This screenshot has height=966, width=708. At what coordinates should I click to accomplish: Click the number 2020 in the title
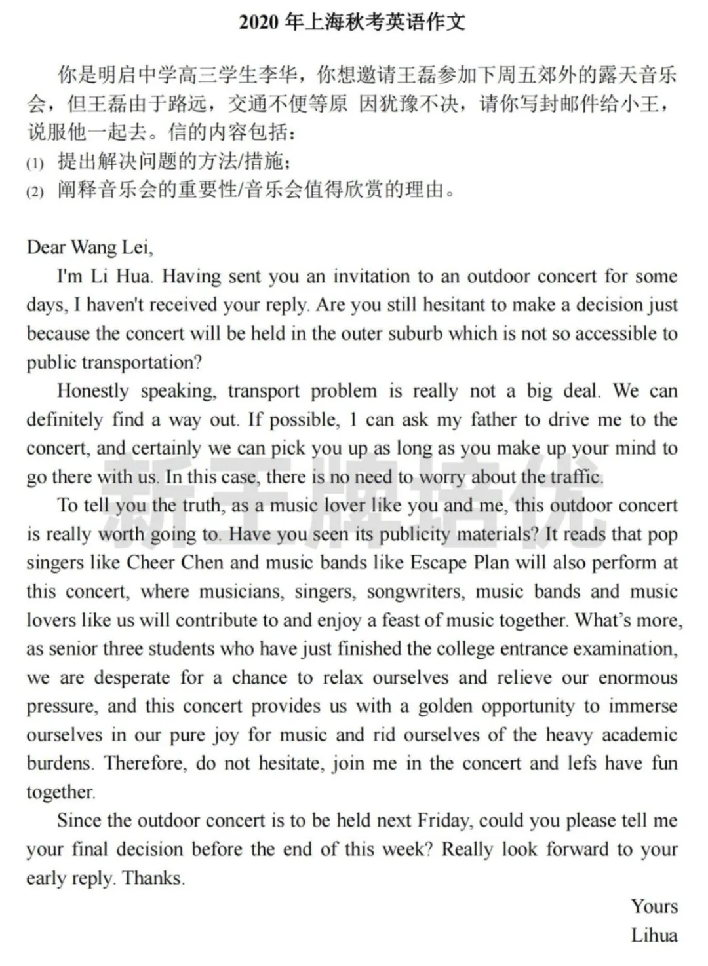point(260,23)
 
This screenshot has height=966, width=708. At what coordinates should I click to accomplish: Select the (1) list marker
point(35,163)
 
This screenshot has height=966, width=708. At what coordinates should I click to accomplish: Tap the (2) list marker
point(35,192)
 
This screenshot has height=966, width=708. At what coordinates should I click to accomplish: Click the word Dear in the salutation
point(46,248)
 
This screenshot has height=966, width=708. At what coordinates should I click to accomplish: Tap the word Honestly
point(92,392)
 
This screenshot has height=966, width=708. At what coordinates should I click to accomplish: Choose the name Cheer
point(151,563)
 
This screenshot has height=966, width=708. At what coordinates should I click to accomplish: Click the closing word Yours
point(654,907)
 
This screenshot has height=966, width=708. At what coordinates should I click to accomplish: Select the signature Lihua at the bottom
point(654,935)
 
